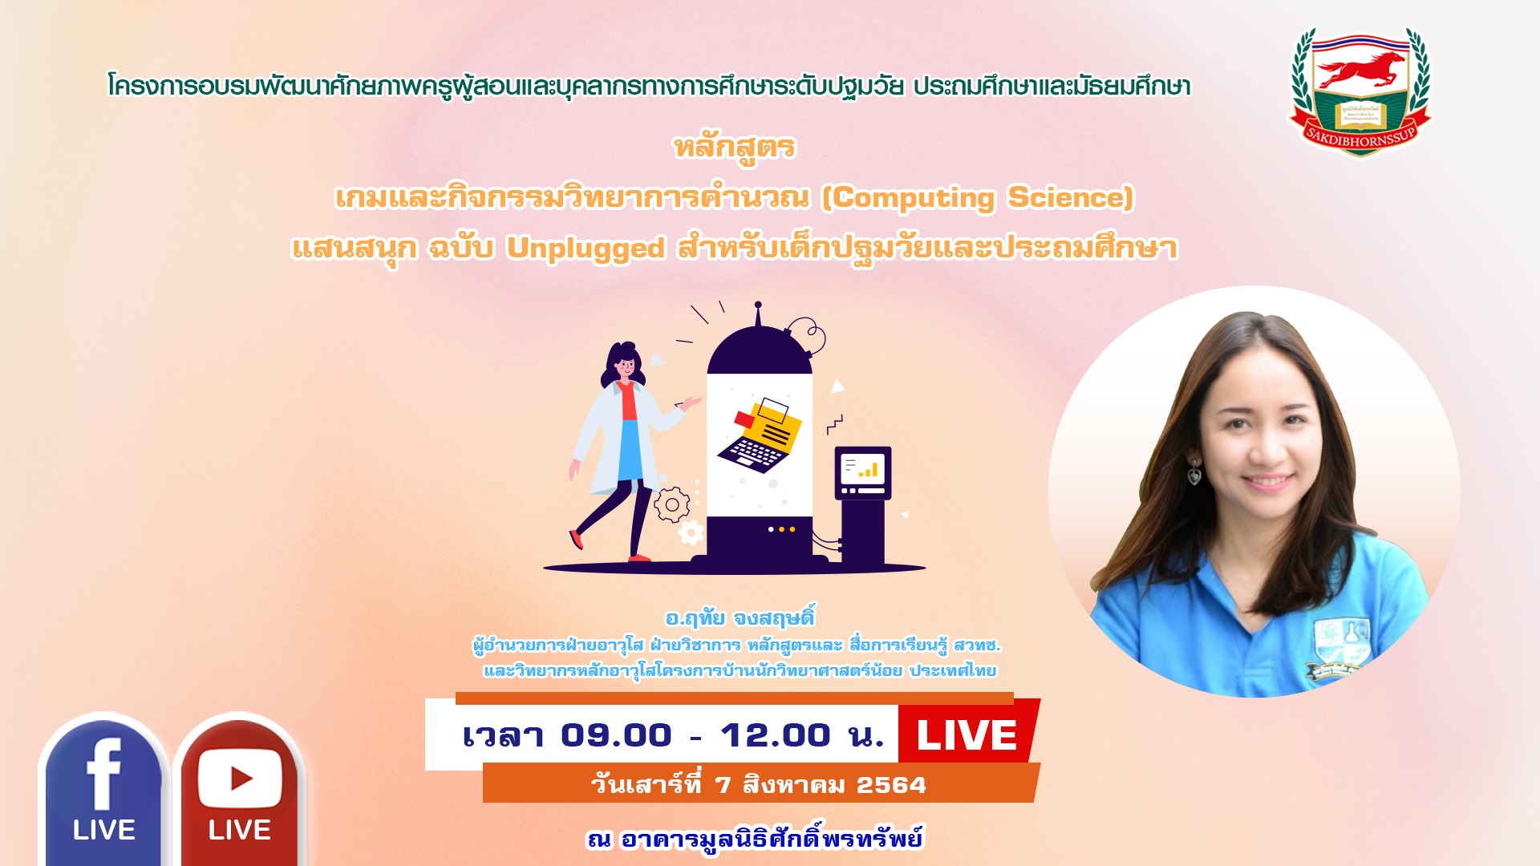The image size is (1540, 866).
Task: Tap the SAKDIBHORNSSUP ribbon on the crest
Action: point(1360,140)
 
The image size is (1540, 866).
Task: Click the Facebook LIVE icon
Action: point(103,790)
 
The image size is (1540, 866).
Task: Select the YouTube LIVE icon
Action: point(239,790)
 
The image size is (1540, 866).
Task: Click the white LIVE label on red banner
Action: point(967,735)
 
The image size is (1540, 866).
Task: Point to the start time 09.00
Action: point(616,735)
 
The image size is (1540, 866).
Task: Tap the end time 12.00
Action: point(775,735)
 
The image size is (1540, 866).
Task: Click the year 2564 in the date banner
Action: point(891,784)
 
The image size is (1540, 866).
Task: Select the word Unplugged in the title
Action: point(586,249)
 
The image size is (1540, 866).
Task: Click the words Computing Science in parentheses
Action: point(978,198)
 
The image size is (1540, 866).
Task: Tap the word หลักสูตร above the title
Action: point(734,149)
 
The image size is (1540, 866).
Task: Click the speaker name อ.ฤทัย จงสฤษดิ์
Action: point(740,617)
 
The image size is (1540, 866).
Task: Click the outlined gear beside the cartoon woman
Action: point(671,505)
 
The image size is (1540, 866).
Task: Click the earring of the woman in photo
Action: point(1194,472)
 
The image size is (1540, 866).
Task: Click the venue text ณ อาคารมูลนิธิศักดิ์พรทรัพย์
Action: point(755,840)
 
